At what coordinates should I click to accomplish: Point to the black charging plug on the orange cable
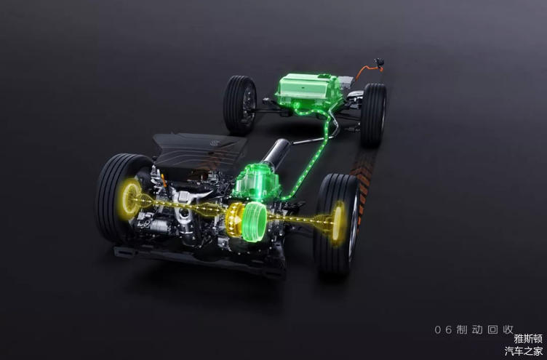(379, 62)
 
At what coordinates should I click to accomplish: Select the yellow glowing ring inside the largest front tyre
(130, 198)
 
